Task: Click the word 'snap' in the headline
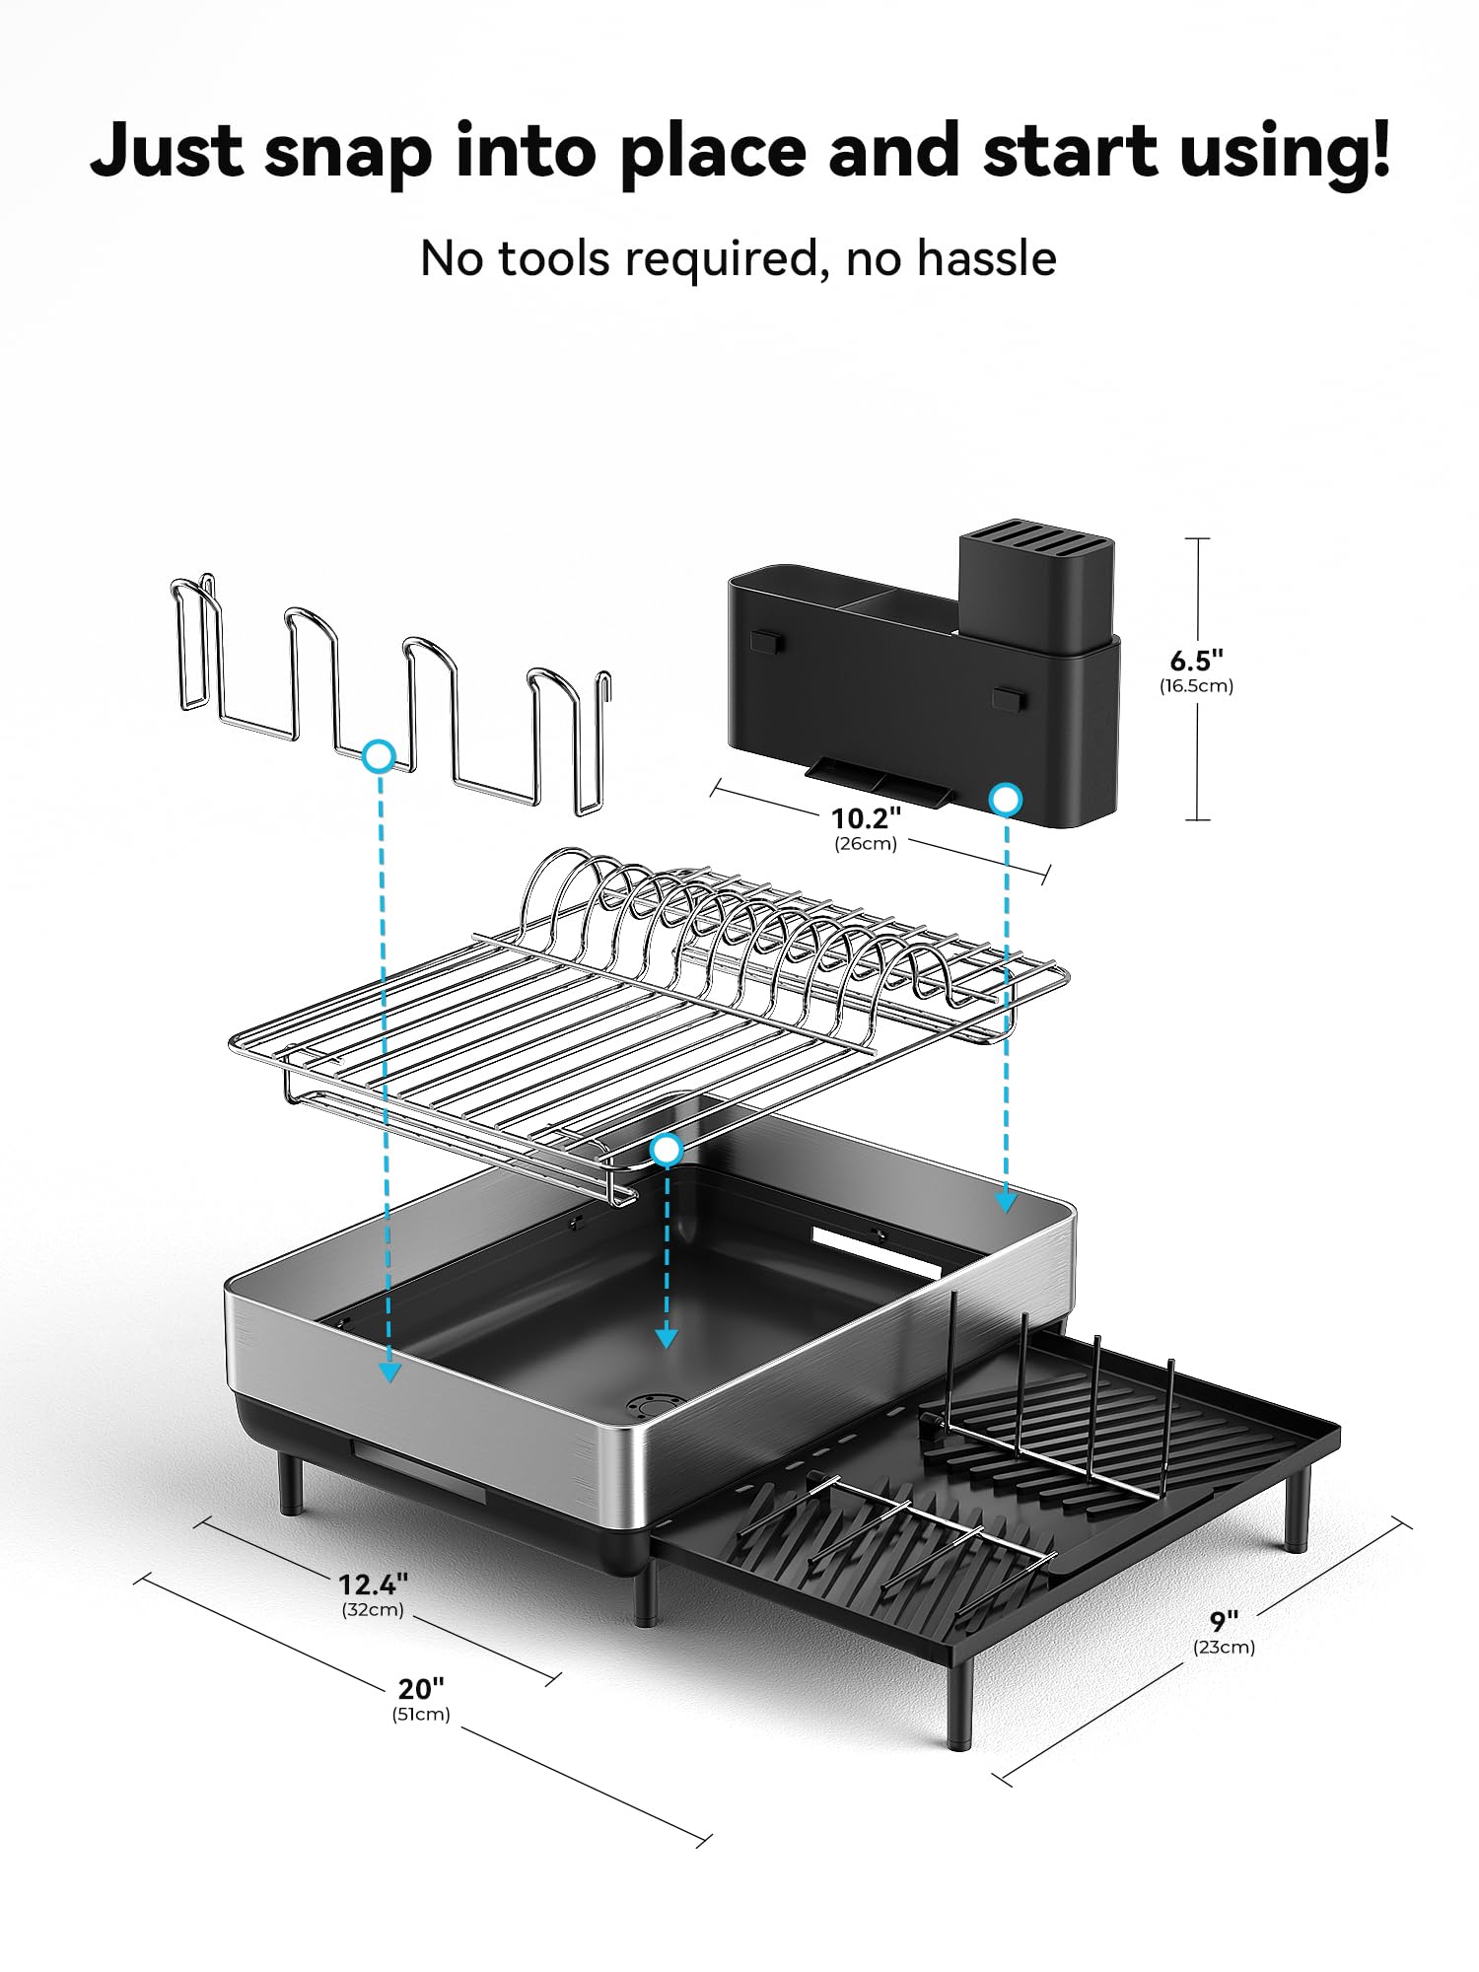347,153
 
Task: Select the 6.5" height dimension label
1196,660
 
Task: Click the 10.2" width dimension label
866,817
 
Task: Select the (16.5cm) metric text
1196,686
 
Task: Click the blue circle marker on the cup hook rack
380,756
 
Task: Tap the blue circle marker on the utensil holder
1005,800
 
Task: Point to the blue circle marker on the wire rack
668,1149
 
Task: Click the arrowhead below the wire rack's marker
667,1338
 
